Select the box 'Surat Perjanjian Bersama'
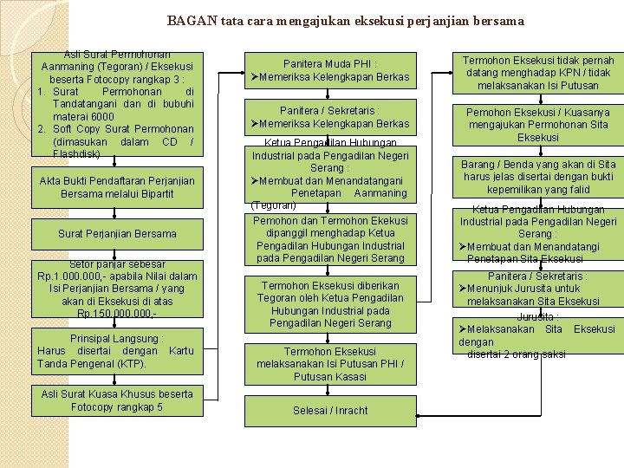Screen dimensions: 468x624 117,233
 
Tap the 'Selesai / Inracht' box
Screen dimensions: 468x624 330,410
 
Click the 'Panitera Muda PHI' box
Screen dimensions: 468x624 330,70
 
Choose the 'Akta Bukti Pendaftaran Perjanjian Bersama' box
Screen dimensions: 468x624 117,186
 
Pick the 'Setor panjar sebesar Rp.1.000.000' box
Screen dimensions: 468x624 117,289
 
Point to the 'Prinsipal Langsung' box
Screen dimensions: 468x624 117,350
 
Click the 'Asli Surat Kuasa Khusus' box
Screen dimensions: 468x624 117,401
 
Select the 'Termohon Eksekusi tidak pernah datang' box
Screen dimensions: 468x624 538,73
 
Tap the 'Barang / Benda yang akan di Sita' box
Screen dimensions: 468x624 538,177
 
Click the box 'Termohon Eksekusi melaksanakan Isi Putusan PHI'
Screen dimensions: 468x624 330,364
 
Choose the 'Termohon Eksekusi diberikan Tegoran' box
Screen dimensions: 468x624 330,304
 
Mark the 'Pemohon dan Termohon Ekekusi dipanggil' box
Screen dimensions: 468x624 330,239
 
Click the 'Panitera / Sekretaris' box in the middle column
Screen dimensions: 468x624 330,117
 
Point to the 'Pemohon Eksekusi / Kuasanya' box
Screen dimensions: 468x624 538,125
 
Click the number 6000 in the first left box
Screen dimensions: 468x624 100,117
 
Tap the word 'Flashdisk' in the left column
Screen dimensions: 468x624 76,153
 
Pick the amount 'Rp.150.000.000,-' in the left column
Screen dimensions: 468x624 117,313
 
